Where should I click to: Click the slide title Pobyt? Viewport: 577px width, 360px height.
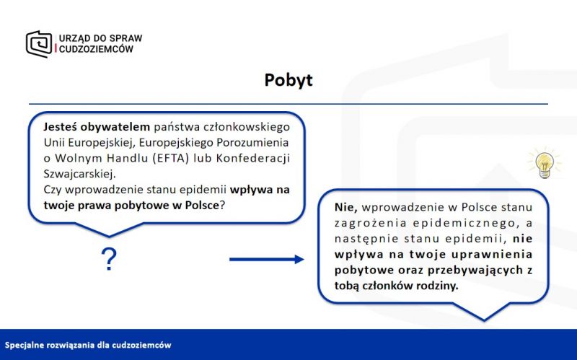point(288,81)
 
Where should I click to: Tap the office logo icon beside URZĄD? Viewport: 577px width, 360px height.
point(39,44)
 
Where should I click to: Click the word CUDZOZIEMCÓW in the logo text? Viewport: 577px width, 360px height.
point(96,49)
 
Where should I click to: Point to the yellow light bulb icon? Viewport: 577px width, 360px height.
point(545,164)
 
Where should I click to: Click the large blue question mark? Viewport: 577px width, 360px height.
point(109,259)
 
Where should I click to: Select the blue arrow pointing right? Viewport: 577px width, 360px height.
point(266,260)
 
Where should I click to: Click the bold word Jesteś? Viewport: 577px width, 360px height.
point(60,127)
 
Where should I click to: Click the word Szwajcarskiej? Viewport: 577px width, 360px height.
point(79,174)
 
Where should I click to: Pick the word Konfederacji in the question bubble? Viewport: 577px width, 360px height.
point(253,158)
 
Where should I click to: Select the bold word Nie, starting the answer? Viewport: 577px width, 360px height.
point(346,207)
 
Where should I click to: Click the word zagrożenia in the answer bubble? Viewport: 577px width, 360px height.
point(371,223)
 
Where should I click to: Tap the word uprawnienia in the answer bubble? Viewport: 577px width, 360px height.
point(492,255)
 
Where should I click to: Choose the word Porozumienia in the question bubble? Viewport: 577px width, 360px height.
point(252,142)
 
